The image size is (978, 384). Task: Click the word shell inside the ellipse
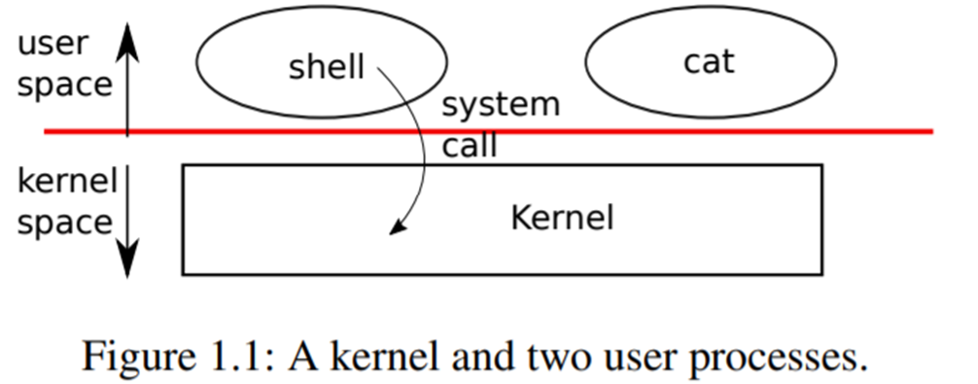tap(326, 67)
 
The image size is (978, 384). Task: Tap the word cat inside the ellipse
tap(709, 62)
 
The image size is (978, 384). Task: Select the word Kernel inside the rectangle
tap(562, 217)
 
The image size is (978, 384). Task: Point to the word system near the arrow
tap(501, 105)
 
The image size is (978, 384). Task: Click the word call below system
tap(470, 147)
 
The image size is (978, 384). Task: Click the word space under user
tap(64, 86)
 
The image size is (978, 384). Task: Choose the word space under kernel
tap(64, 223)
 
